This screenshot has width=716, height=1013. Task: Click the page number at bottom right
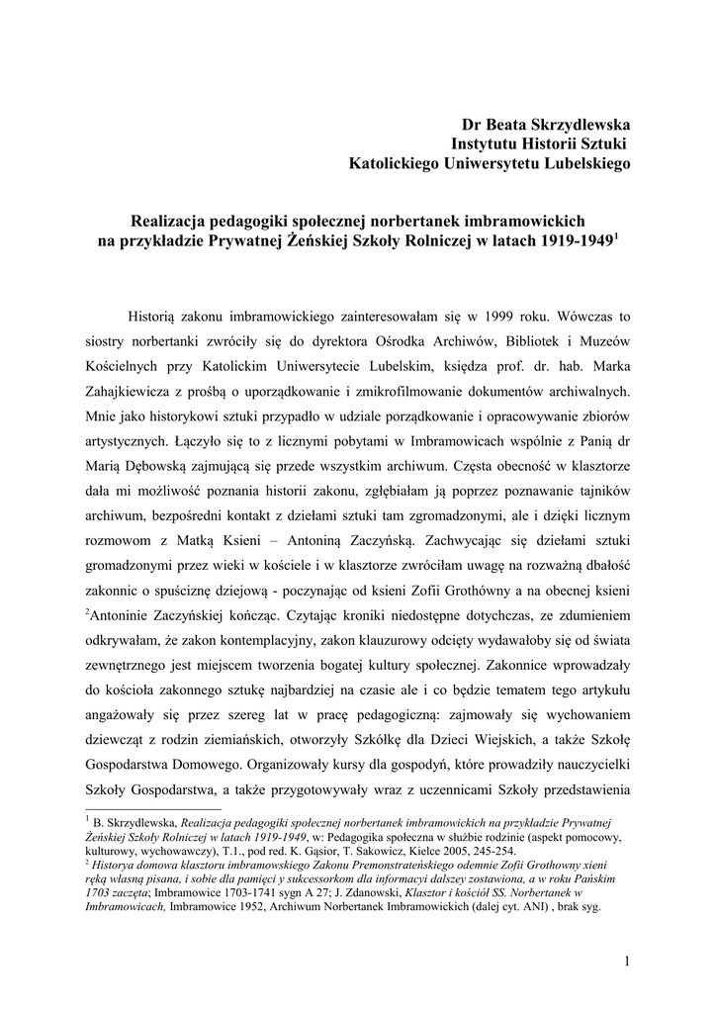click(627, 960)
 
